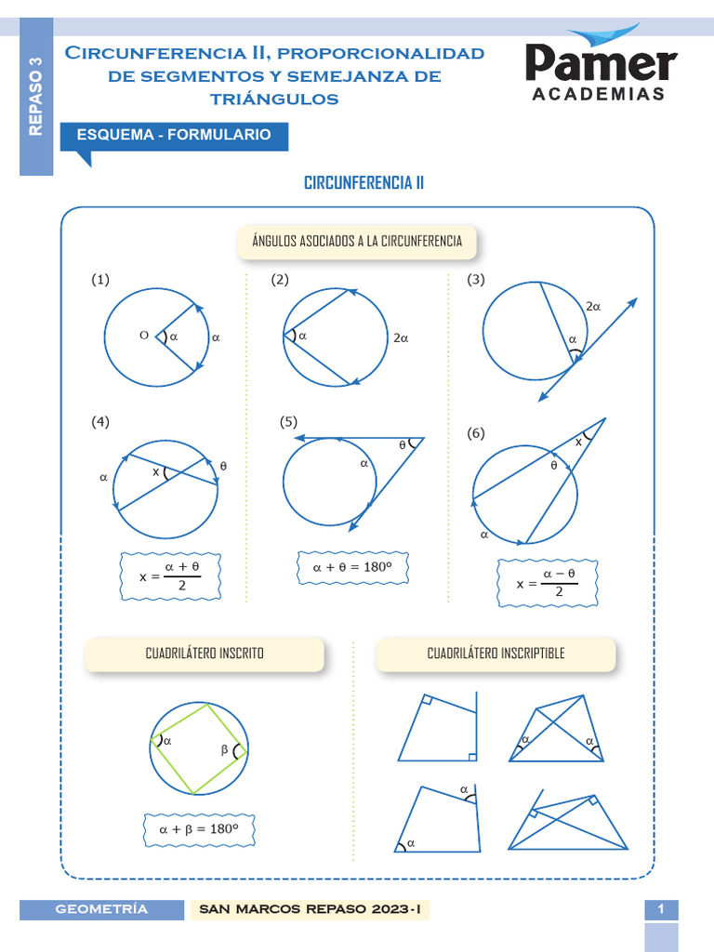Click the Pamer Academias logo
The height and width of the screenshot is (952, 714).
(x=601, y=65)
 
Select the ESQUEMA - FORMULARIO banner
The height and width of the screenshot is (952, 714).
(x=174, y=136)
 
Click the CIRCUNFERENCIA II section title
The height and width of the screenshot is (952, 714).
(x=364, y=182)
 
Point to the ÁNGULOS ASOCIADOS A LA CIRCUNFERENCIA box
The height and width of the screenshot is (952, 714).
(x=357, y=242)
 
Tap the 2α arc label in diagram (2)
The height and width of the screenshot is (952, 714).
(x=401, y=339)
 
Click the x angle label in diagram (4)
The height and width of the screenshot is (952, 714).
(x=156, y=471)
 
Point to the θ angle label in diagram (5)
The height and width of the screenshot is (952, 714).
(x=403, y=445)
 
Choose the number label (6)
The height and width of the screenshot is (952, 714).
(x=476, y=433)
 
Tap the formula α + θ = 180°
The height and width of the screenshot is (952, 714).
(x=353, y=566)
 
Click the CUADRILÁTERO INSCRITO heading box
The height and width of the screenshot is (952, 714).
(x=205, y=654)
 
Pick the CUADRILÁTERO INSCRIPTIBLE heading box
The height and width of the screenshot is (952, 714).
(x=496, y=654)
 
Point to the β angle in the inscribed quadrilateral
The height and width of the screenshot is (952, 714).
(x=224, y=748)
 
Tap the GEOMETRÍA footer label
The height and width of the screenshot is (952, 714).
(x=101, y=909)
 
